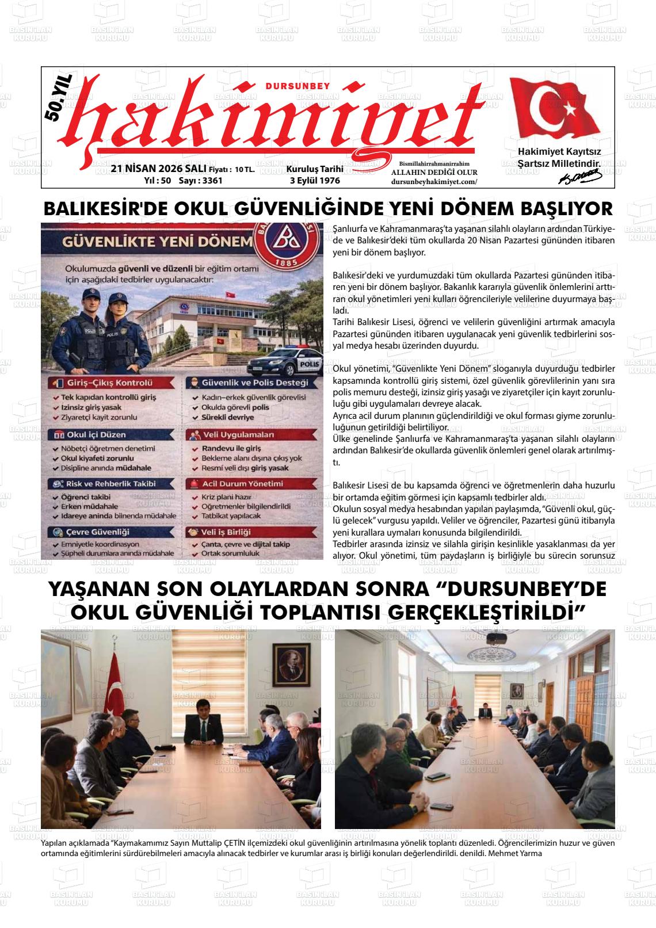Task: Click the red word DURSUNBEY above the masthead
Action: click(x=298, y=86)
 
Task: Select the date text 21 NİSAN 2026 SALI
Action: click(x=158, y=169)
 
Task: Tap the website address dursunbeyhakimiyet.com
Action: click(x=434, y=181)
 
